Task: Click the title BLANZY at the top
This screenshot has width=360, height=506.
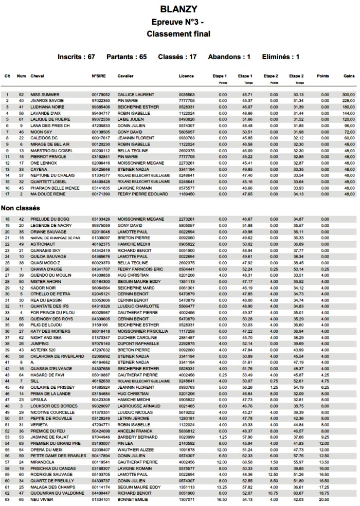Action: point(178,10)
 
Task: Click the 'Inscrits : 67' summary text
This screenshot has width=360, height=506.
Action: point(76,57)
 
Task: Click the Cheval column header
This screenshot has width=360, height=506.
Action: point(38,76)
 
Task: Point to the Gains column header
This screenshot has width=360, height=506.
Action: point(349,76)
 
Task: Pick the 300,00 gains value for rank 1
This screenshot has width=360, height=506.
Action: point(349,95)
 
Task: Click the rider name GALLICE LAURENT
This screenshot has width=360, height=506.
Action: point(136,95)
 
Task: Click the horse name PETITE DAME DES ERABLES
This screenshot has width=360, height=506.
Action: point(58,456)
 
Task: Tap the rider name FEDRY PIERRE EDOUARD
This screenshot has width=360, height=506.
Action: point(142,194)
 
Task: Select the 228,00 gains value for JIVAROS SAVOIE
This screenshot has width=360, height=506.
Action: point(349,101)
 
